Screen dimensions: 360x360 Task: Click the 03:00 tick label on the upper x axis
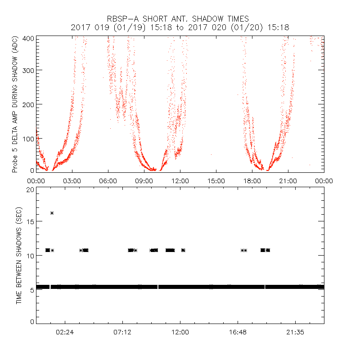point(72,181)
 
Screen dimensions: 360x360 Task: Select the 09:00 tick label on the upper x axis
point(144,181)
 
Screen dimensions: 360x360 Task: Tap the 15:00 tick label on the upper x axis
point(216,181)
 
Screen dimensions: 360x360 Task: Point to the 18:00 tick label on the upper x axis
point(252,181)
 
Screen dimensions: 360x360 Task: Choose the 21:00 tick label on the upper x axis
point(288,181)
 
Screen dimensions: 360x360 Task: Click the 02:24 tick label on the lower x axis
point(65,332)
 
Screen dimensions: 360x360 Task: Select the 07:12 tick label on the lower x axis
point(123,332)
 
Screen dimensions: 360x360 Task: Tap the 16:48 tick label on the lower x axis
point(238,332)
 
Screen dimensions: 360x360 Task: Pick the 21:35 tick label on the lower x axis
point(295,332)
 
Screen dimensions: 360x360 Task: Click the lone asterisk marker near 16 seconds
point(52,213)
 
